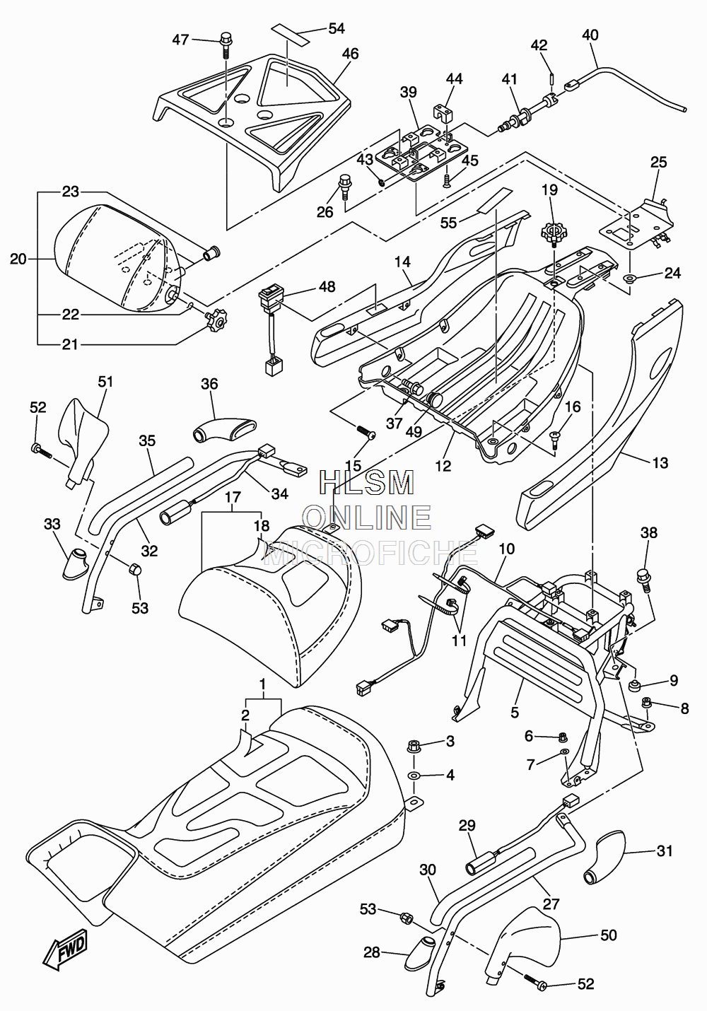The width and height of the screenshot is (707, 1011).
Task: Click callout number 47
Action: (180, 40)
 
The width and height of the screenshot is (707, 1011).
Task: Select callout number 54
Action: (337, 28)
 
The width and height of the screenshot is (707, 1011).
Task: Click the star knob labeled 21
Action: (216, 319)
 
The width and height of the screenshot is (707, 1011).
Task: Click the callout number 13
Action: (660, 462)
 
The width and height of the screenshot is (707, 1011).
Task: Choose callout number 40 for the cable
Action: (590, 35)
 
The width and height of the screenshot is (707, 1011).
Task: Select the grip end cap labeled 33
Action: (74, 563)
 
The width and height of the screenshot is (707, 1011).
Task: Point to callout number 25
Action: (659, 162)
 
